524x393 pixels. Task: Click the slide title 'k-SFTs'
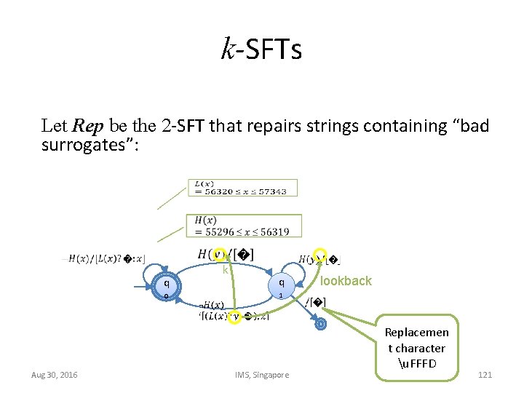pos(261,51)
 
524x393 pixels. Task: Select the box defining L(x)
pos(242,188)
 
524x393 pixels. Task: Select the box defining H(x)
pos(246,226)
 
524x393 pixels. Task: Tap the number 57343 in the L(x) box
pos(271,191)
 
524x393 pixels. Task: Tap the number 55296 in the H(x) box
pos(216,231)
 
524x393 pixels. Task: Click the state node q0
pos(167,288)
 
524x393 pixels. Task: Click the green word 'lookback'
pos(346,281)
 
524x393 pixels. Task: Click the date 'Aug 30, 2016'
pos(55,375)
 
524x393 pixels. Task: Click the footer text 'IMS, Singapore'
pos(262,375)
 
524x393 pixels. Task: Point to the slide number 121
pos(485,375)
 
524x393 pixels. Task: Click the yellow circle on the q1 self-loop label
pos(320,253)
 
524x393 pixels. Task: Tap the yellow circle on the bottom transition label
pos(235,317)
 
